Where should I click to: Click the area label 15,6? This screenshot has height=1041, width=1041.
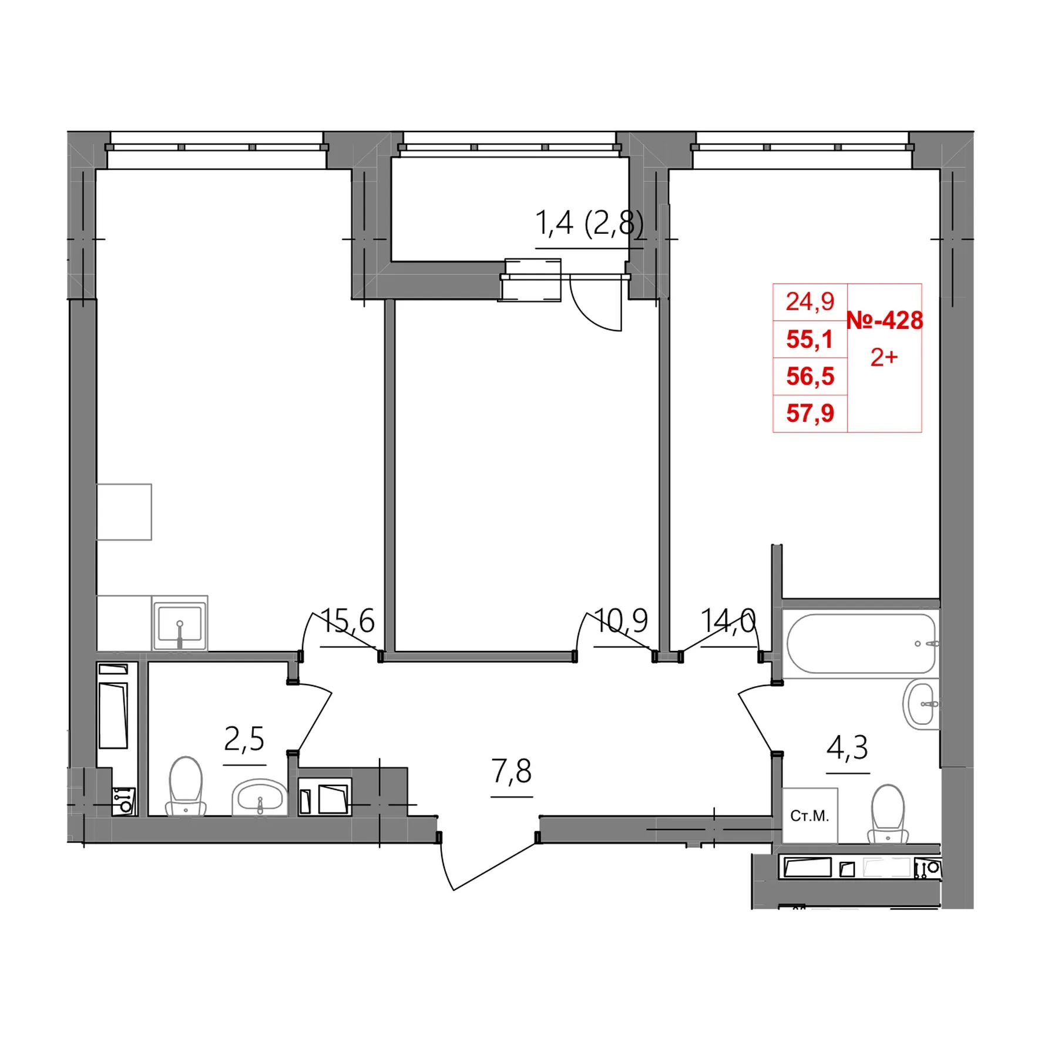[348, 621]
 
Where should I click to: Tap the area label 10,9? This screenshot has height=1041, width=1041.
[621, 621]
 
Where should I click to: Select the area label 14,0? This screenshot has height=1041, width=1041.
[728, 621]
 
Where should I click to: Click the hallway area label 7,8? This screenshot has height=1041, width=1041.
[512, 771]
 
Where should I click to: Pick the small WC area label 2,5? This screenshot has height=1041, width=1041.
[244, 739]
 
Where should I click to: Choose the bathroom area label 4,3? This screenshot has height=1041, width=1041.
[848, 747]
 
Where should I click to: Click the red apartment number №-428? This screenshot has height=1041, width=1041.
[884, 321]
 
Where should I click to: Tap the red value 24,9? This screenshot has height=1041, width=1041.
[810, 302]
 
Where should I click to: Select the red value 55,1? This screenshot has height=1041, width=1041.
[810, 339]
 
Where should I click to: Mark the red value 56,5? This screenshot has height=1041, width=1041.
[810, 376]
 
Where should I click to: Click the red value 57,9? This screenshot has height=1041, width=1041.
[810, 413]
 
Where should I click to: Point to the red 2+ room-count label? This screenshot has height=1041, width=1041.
[884, 357]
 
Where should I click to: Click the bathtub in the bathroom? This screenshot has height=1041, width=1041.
[861, 644]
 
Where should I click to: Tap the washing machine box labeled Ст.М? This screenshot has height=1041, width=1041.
[810, 816]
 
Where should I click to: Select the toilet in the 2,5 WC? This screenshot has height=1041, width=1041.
[186, 786]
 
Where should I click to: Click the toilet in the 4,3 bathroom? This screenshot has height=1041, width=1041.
[888, 814]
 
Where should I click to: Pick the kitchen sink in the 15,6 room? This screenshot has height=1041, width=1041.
[180, 623]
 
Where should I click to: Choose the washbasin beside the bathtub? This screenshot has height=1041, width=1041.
[921, 704]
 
